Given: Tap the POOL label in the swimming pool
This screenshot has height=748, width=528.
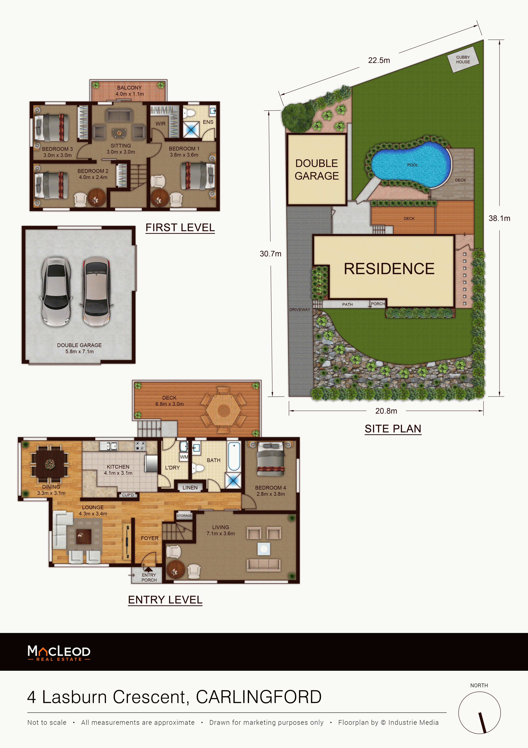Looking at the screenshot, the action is [412, 165].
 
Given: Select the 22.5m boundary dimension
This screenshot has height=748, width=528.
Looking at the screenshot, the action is [379, 60].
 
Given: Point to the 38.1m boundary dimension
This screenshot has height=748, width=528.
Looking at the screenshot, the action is [499, 218].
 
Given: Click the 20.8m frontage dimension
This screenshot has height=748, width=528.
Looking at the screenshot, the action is [386, 411].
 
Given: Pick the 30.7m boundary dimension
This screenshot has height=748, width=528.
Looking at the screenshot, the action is [270, 254].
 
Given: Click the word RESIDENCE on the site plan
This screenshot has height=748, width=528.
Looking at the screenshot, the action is [389, 269].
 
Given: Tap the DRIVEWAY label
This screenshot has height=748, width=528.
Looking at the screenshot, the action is [300, 309].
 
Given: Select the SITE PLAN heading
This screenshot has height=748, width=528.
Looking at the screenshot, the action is [393, 429].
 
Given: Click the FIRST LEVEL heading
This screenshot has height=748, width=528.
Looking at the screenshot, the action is [180, 227].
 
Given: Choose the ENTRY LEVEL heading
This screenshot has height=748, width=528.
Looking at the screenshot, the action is [165, 600].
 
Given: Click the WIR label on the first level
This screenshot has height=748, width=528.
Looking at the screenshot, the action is [160, 124].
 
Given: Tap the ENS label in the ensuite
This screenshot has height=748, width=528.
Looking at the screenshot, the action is [208, 122].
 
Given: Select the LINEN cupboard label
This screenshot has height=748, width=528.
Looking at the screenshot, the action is [190, 488].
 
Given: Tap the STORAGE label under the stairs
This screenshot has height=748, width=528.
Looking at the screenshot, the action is [184, 516].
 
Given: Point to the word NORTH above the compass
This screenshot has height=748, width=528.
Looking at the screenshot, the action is [479, 685].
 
